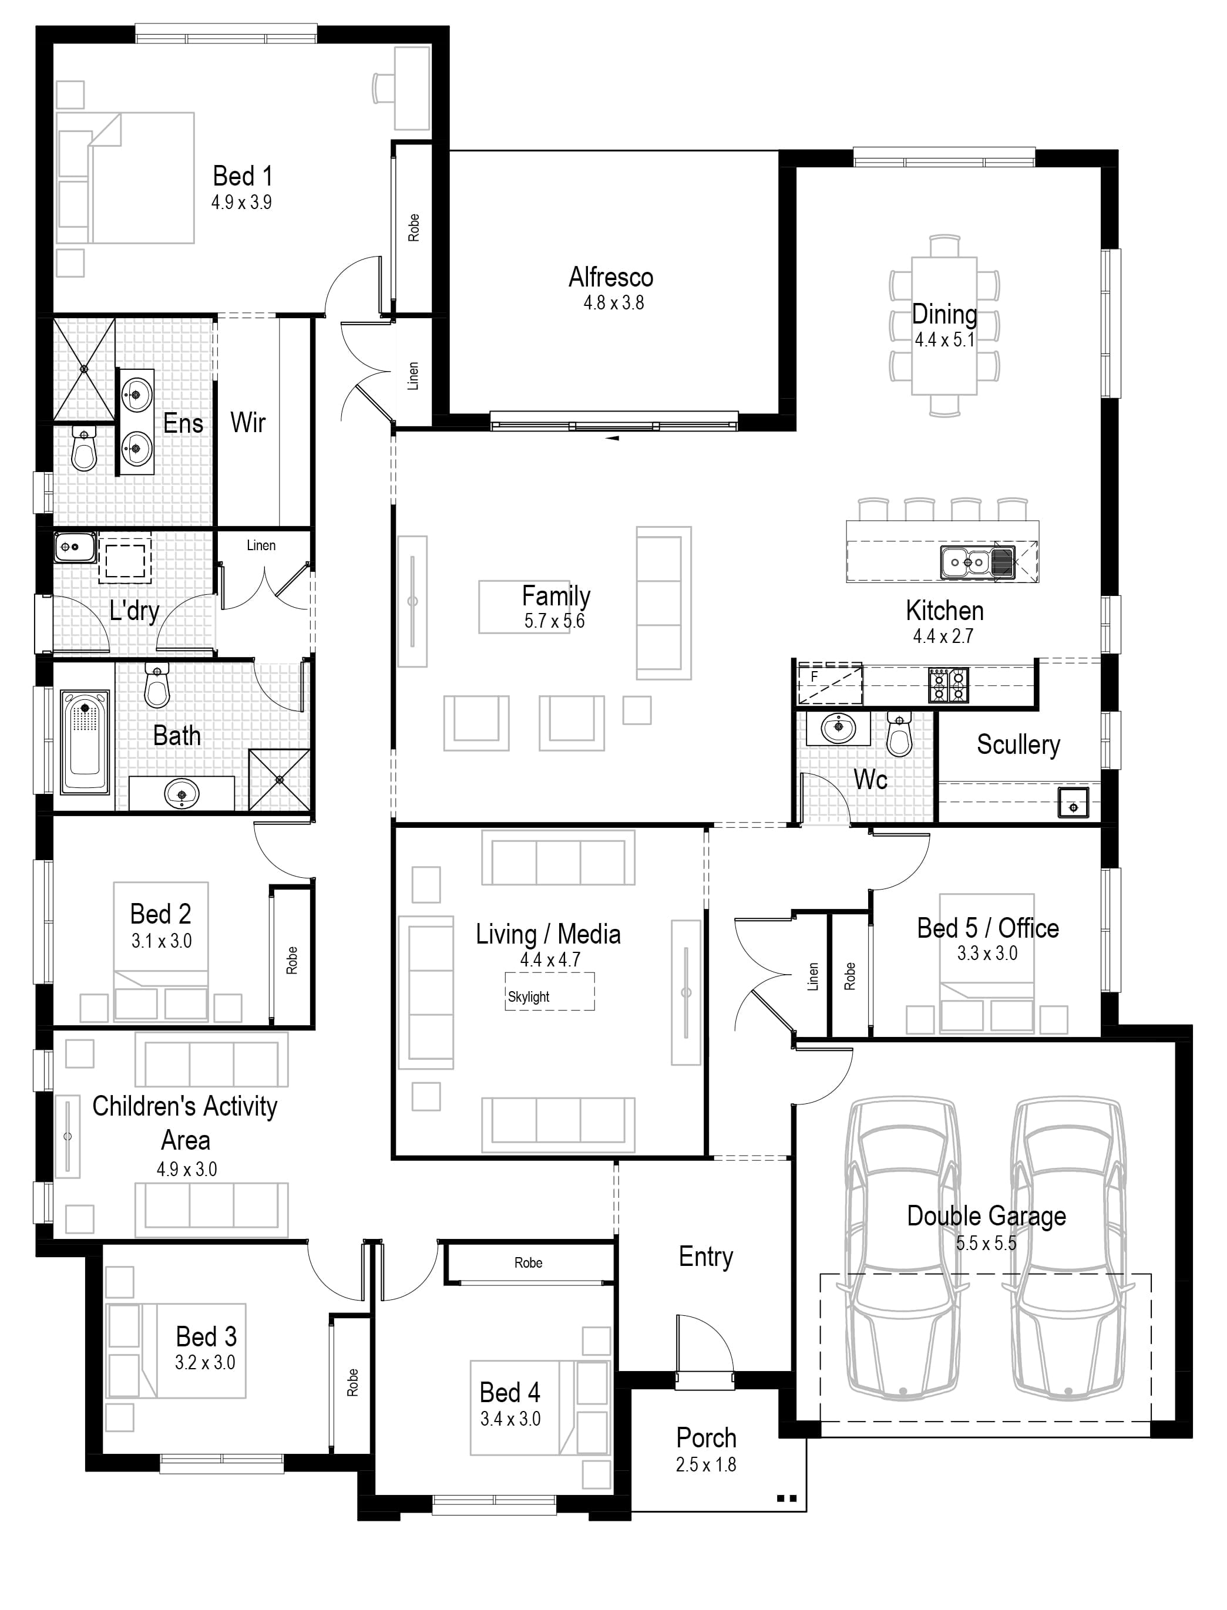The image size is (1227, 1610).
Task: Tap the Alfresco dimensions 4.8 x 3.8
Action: point(613,303)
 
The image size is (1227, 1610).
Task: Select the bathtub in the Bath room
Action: point(85,743)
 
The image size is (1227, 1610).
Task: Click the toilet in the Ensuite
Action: point(84,450)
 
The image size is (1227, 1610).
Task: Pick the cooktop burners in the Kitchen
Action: point(948,685)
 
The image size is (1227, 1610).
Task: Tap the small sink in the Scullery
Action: point(1073,803)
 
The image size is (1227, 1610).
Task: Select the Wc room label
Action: point(870,780)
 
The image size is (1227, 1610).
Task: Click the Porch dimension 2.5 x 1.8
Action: point(705,1465)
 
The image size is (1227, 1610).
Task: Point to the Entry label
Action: point(705,1257)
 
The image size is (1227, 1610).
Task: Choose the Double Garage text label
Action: point(986,1217)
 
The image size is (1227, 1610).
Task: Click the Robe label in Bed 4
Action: point(528,1263)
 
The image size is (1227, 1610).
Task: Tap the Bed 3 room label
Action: point(206,1337)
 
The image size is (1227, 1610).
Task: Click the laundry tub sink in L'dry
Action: point(74,547)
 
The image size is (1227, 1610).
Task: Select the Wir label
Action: point(248,423)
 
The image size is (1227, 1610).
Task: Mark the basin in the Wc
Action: point(838,727)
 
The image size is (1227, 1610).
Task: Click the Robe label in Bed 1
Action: point(414,228)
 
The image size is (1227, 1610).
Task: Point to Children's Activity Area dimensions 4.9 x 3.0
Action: point(186,1170)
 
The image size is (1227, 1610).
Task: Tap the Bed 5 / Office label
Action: point(987,929)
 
